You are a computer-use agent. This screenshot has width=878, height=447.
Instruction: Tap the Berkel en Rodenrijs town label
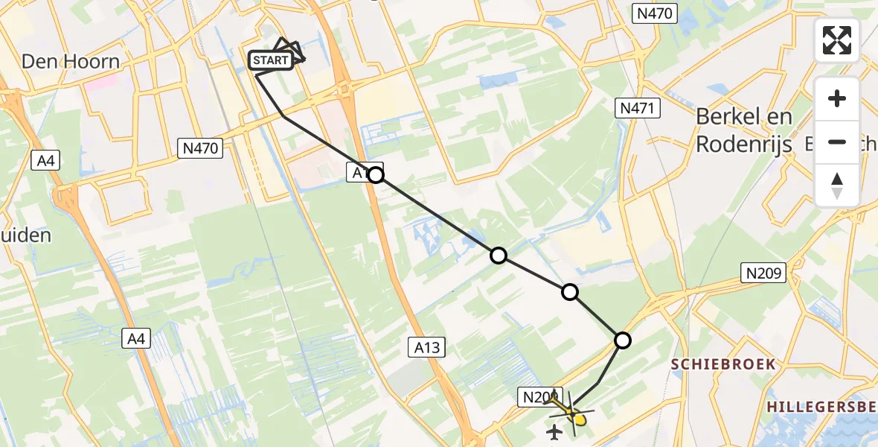pos(744,130)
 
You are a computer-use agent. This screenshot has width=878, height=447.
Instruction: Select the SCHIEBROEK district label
pos(724,364)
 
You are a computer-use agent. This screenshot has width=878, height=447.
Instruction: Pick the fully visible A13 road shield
pos(426,346)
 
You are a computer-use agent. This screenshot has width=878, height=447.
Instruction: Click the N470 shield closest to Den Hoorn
pos(200,148)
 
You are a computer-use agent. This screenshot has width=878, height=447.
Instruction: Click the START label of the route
pos(271,60)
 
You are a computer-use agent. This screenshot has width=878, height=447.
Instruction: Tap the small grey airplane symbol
pos(554,431)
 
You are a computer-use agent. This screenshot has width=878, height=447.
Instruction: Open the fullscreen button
pos(837,40)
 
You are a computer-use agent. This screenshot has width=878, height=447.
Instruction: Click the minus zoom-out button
pos(837,142)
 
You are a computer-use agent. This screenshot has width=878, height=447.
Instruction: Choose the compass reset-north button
pos(837,185)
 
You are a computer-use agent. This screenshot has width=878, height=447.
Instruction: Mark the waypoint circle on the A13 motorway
pos(376,175)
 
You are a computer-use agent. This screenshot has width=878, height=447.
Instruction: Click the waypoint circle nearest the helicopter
pos(622,340)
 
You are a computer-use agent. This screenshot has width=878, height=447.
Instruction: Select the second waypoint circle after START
pos(499,256)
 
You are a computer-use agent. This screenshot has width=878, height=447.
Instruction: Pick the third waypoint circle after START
pos(570,292)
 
